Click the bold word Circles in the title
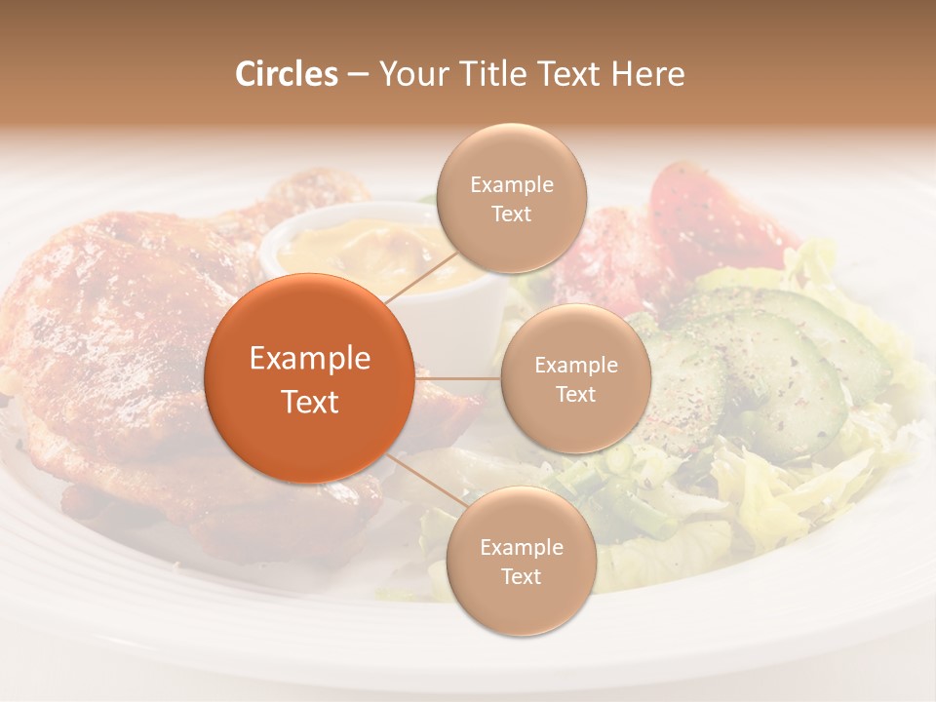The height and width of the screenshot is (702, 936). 287,74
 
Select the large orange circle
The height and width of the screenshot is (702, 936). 309,378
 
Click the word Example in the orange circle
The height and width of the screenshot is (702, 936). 310,359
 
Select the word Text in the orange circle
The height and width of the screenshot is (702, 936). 310,402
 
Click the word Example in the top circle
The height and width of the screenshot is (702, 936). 512,185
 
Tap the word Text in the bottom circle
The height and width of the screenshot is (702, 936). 521,577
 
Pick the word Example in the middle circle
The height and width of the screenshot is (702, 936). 576,366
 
